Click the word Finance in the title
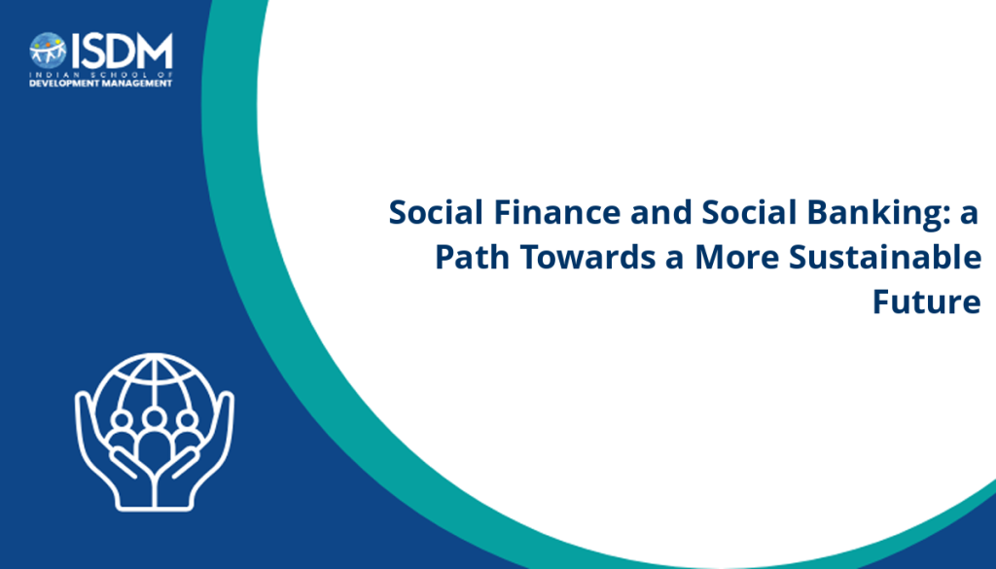(x=557, y=212)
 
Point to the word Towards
(x=587, y=257)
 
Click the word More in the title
(x=737, y=257)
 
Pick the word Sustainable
(x=885, y=257)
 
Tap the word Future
(x=927, y=302)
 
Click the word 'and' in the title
(x=660, y=212)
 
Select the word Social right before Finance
(x=437, y=212)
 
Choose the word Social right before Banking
(x=749, y=212)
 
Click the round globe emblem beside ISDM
(x=48, y=51)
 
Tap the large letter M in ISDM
(x=156, y=51)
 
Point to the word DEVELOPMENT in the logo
(x=63, y=84)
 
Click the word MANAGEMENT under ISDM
(x=135, y=84)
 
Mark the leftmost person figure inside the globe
(x=122, y=432)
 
